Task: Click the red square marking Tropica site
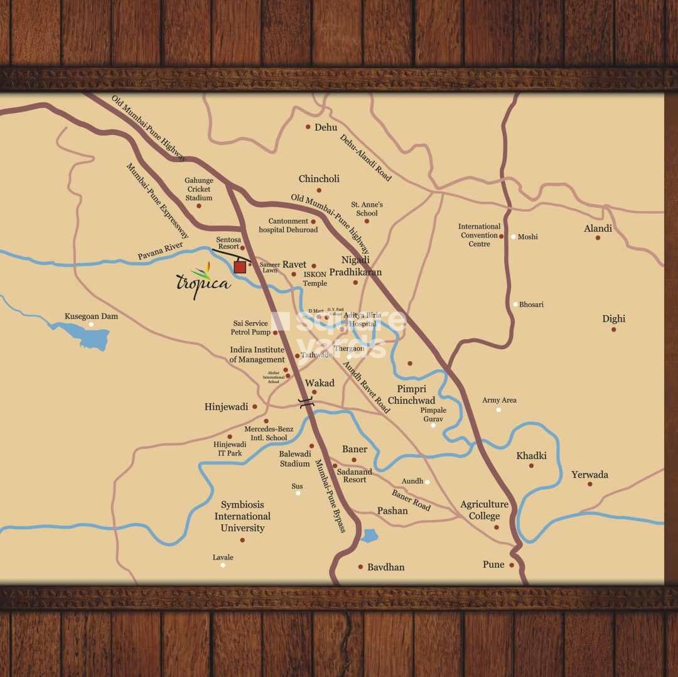pyautogui.click(x=239, y=267)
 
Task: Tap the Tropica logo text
pyautogui.click(x=203, y=282)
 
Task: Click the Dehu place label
pyautogui.click(x=326, y=127)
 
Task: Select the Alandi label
pyautogui.click(x=598, y=229)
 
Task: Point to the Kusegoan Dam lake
pyautogui.click(x=85, y=336)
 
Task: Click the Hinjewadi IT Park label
pyautogui.click(x=230, y=448)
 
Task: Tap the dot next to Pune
pyautogui.click(x=512, y=565)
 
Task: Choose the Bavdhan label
pyautogui.click(x=385, y=567)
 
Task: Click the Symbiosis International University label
pyautogui.click(x=242, y=516)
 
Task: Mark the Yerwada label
pyautogui.click(x=589, y=475)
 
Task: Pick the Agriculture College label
pyautogui.click(x=484, y=510)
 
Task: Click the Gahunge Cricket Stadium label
pyautogui.click(x=198, y=189)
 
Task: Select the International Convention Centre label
pyautogui.click(x=479, y=235)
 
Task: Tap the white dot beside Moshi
pyautogui.click(x=514, y=237)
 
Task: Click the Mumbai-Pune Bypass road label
pyautogui.click(x=330, y=496)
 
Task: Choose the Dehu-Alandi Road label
pyautogui.click(x=366, y=158)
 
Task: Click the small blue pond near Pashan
pyautogui.click(x=370, y=536)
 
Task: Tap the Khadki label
pyautogui.click(x=531, y=456)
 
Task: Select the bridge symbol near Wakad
pyautogui.click(x=306, y=404)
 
